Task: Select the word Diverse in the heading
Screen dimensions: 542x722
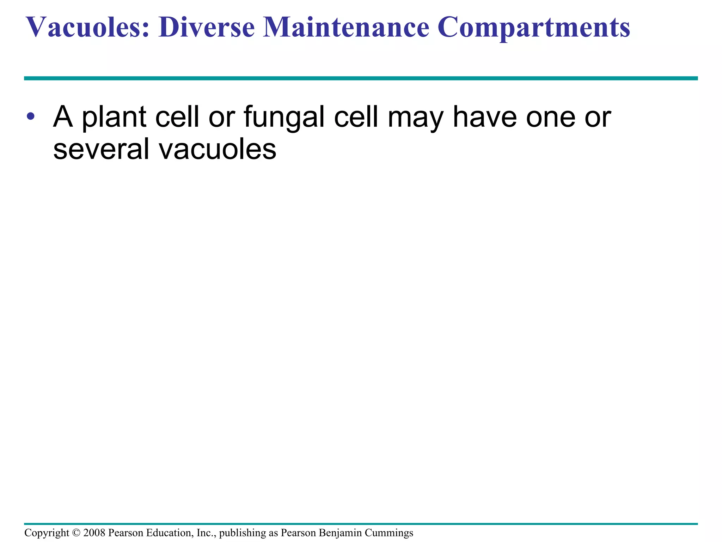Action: pyautogui.click(x=207, y=28)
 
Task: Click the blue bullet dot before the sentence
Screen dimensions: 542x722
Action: pyautogui.click(x=31, y=116)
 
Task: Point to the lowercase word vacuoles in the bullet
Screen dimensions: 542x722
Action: pyautogui.click(x=218, y=149)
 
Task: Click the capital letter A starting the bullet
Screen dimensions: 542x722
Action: pyautogui.click(x=63, y=116)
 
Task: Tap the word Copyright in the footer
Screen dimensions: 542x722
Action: pyautogui.click(x=47, y=533)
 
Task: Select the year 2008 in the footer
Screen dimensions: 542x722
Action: pyautogui.click(x=94, y=532)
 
